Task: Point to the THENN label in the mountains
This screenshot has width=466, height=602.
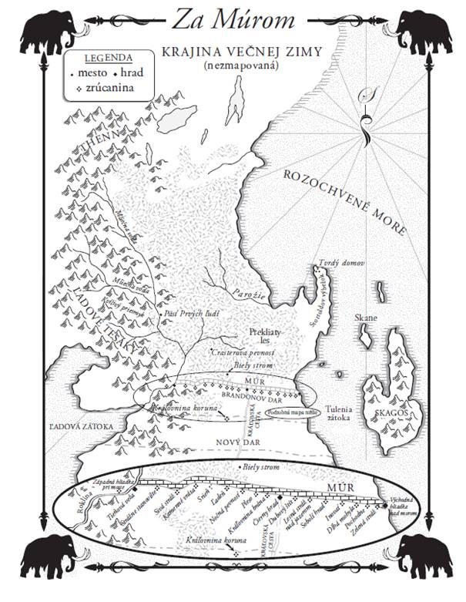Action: pyautogui.click(x=86, y=148)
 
